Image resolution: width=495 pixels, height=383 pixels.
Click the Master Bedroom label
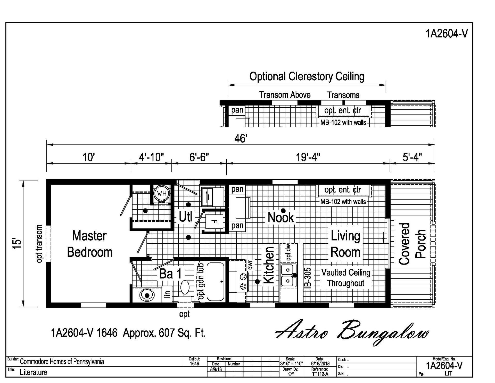[90, 244]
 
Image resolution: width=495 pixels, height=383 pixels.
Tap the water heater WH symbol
[162, 193]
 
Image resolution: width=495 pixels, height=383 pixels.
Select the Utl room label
[185, 217]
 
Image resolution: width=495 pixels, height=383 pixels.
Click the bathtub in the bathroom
[215, 282]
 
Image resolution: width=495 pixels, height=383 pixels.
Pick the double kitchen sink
[288, 275]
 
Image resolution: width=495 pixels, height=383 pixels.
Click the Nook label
[281, 217]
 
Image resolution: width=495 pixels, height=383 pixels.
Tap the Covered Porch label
[412, 244]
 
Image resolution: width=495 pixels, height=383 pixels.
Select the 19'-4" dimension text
[308, 157]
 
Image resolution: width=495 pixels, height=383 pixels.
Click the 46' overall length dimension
[241, 139]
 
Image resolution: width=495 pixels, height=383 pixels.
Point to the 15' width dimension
[17, 244]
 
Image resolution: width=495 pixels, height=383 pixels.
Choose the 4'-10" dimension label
[151, 157]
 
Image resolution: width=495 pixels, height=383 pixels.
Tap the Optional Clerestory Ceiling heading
[307, 76]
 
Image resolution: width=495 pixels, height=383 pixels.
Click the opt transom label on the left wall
[39, 244]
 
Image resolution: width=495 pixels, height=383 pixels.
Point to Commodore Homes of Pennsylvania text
[62, 362]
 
